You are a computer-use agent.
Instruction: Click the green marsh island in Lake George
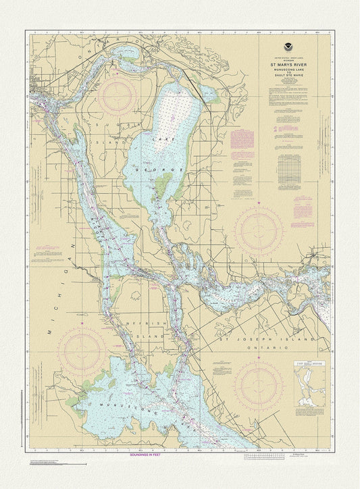pyautogui.click(x=163, y=183)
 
